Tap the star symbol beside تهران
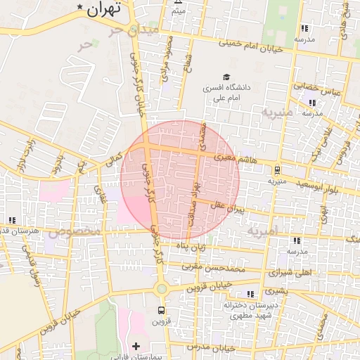point(81,8)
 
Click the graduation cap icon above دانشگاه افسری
point(226,77)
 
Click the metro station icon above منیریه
point(278,169)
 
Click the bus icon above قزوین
point(162,309)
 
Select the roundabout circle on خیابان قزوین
point(162,288)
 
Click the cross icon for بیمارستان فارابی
point(136,346)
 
